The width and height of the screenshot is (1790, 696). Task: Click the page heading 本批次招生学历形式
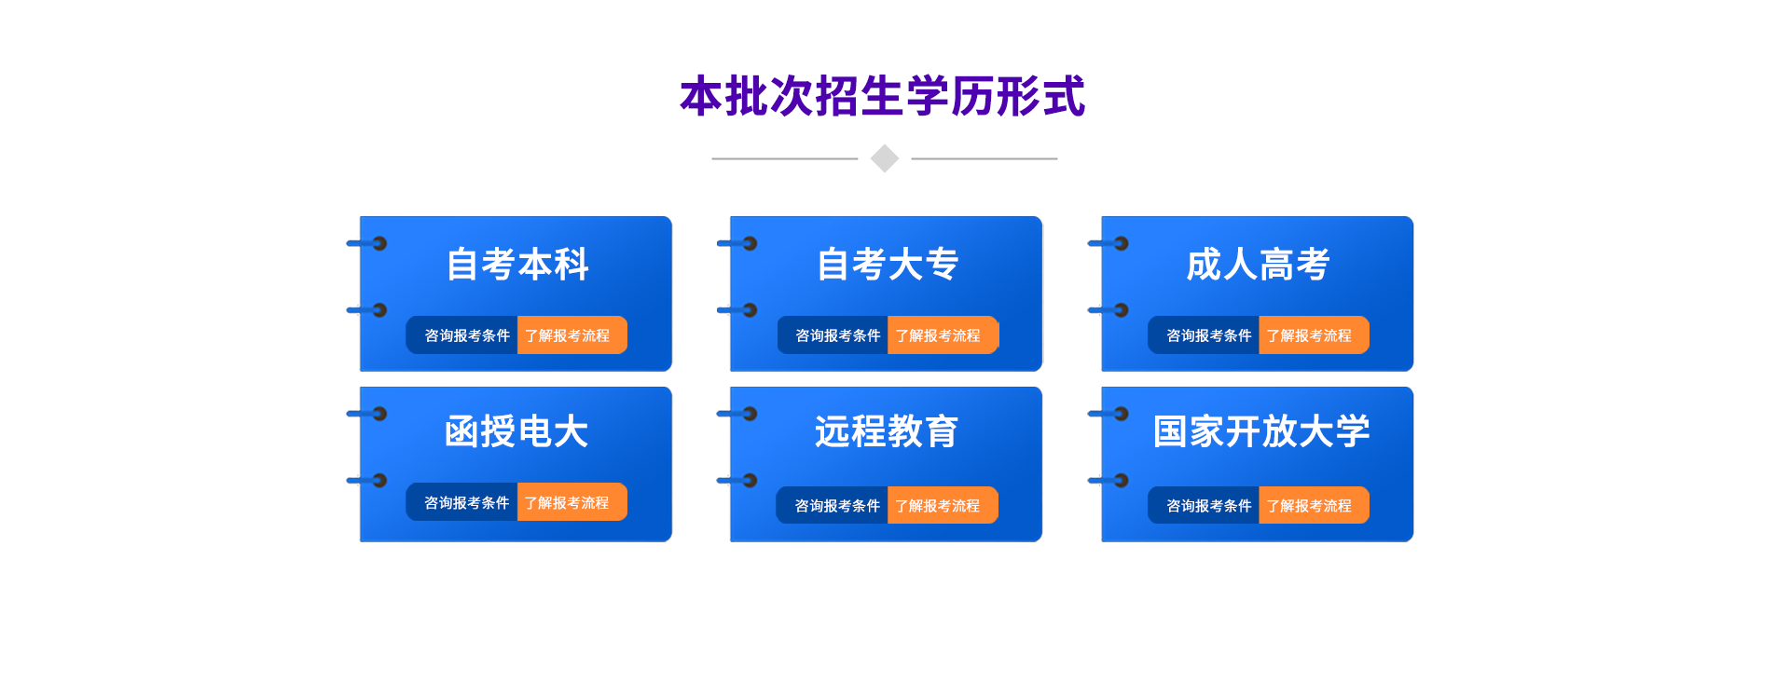(x=883, y=96)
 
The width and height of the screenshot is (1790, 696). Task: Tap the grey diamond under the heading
(x=884, y=158)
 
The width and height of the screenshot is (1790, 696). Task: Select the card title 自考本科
(x=517, y=265)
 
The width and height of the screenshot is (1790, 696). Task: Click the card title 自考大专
(x=888, y=265)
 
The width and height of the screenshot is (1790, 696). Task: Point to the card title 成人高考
(x=1258, y=265)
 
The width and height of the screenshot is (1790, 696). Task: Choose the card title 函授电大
(x=516, y=431)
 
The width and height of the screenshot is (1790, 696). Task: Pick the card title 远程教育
(x=887, y=431)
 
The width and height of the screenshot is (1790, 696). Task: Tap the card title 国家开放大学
(x=1261, y=431)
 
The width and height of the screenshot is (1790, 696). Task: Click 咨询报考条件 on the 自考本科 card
(x=467, y=335)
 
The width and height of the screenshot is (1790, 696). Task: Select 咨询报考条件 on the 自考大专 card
(x=838, y=335)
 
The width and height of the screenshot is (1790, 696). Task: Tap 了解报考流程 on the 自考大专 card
(x=938, y=335)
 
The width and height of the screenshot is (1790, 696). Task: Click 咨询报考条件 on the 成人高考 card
(x=1209, y=335)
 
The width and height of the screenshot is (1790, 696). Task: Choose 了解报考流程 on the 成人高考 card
(x=1309, y=335)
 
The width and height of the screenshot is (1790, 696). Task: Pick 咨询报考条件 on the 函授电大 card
(x=467, y=503)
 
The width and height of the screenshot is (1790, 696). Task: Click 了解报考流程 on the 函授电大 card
(x=567, y=503)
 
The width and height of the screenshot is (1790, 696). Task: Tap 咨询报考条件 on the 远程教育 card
(x=837, y=506)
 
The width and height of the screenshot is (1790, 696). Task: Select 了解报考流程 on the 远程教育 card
(x=938, y=506)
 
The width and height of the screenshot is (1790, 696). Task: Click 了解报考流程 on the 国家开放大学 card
(x=1309, y=506)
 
